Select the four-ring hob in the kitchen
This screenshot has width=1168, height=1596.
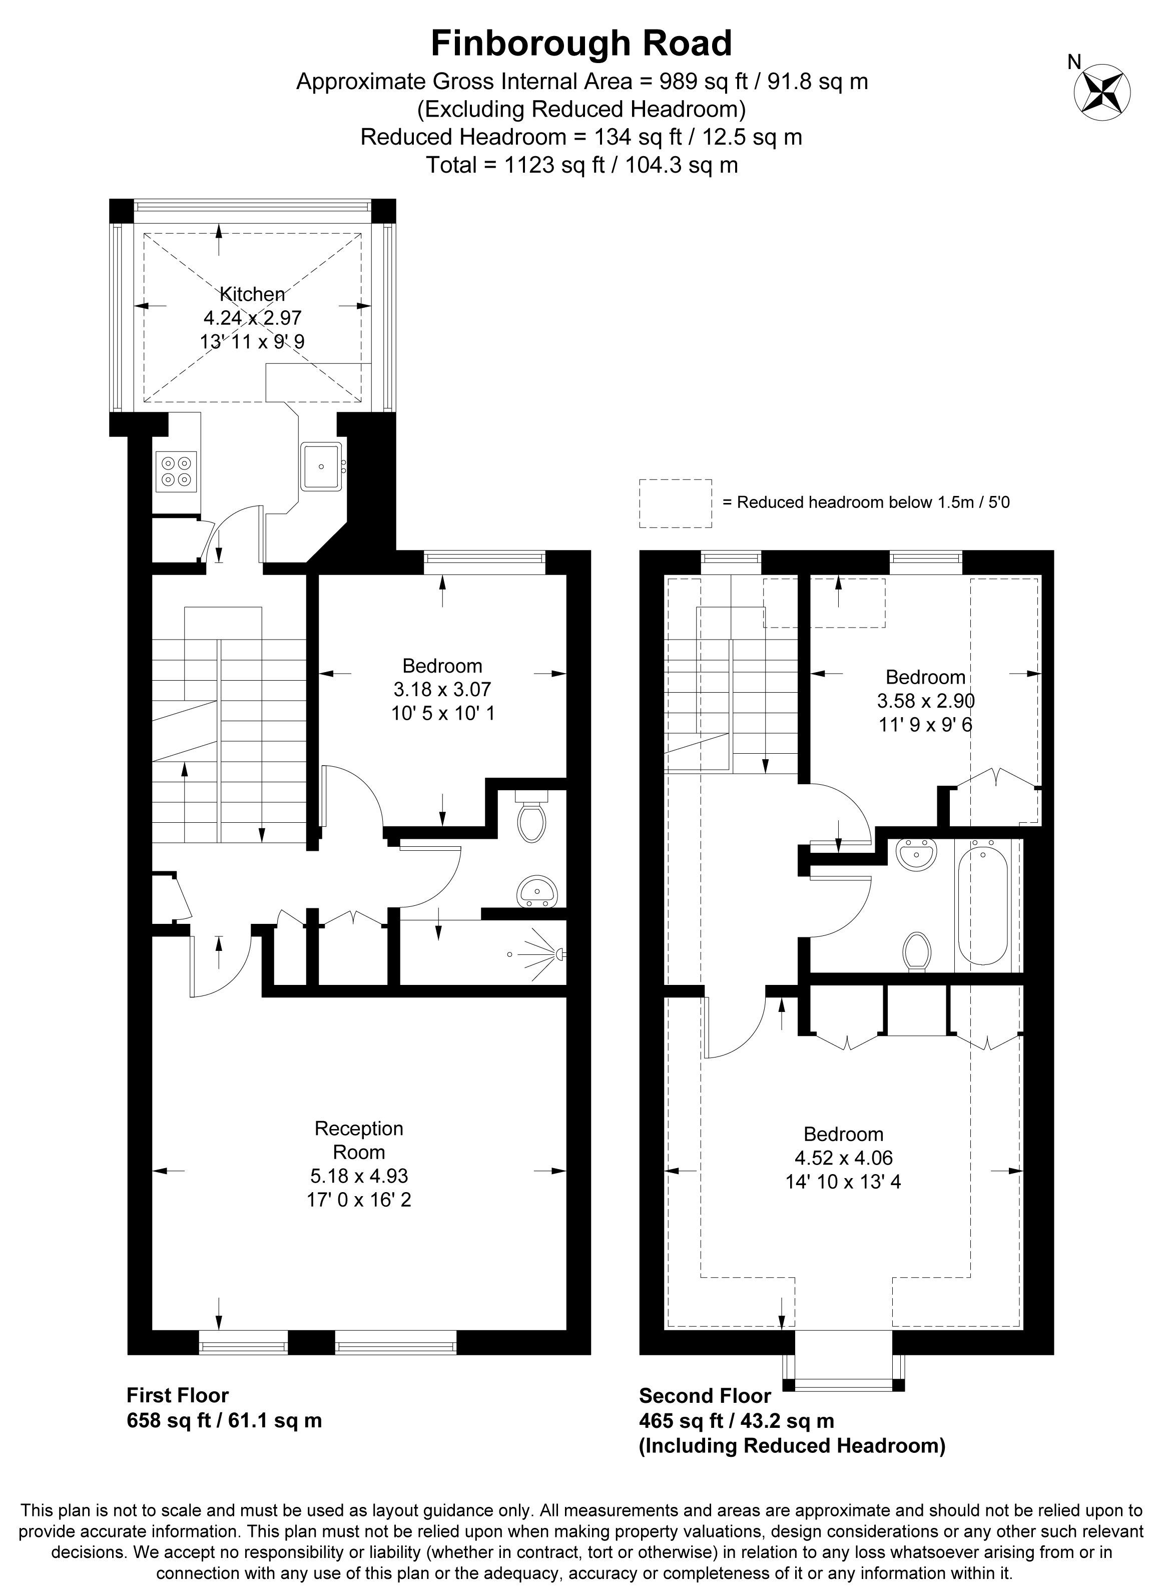pos(177,471)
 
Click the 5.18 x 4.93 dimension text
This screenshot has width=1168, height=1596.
pos(359,1176)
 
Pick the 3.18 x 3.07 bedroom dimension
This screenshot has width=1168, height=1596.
pos(442,690)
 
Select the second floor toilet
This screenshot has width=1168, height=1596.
pos(917,952)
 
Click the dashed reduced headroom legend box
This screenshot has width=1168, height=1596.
pos(675,503)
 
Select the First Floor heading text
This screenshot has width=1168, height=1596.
pos(178,1395)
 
